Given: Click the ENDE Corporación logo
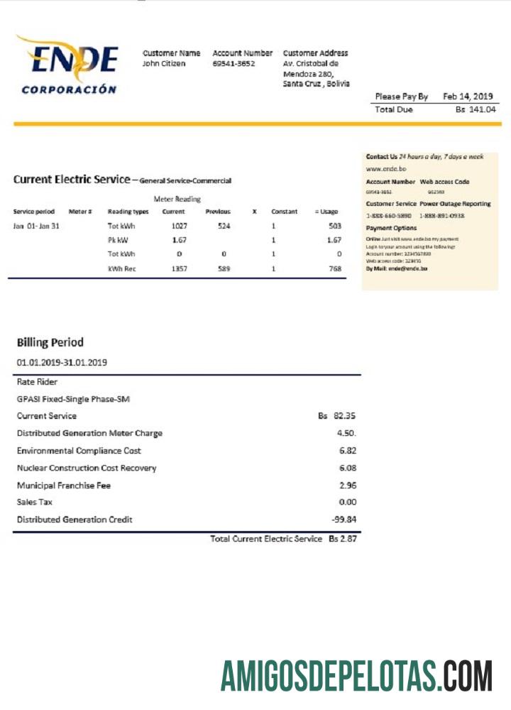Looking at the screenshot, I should pos(67,65).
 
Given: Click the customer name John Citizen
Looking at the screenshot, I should pos(164,64).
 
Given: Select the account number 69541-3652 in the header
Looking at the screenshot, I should pos(233,64).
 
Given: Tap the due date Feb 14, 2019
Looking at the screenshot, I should pos(468,97).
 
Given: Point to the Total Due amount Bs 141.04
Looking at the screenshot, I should pos(476,109).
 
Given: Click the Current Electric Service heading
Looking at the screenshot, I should pos(71,180).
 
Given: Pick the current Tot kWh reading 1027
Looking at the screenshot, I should pos(180,226).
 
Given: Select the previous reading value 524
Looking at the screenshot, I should pos(224,226).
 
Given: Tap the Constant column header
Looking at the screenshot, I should pos(284,212).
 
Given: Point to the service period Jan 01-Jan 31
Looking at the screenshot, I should pos(36,226).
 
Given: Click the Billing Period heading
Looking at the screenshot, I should pos(50,342).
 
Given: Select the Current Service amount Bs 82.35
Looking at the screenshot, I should pos(337,416).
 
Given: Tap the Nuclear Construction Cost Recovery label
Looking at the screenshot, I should pos(87,468).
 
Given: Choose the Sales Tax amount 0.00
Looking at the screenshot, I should pos(347,502).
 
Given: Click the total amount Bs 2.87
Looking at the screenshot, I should pos(342,540).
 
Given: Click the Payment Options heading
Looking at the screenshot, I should pos(391,228).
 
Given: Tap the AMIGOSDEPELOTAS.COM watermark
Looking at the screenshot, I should pos(356,675).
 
